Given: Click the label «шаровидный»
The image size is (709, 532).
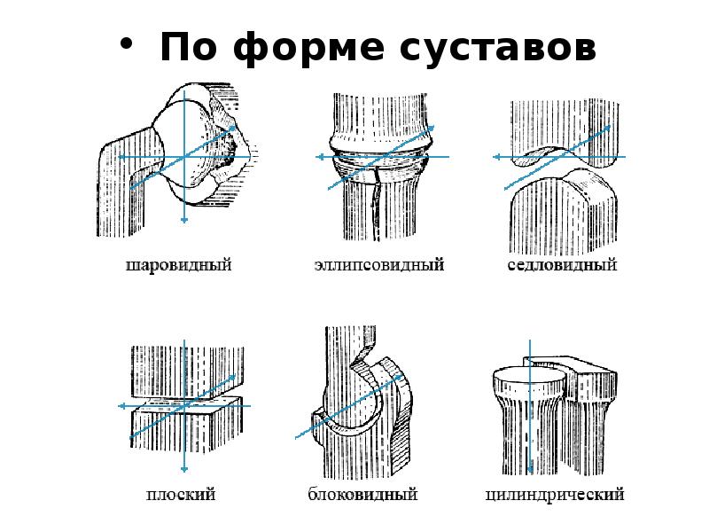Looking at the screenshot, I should pyautogui.click(x=178, y=265).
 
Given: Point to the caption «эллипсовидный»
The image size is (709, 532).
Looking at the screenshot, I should pyautogui.click(x=378, y=265).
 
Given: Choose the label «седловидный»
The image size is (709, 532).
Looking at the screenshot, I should pyautogui.click(x=562, y=265).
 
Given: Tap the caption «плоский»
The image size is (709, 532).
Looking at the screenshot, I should pyautogui.click(x=181, y=495).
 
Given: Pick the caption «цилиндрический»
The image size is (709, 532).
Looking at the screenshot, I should pyautogui.click(x=555, y=495).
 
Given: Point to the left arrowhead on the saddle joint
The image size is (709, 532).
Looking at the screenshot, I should pyautogui.click(x=495, y=157).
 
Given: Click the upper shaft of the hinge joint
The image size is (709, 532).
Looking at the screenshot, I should pyautogui.click(x=346, y=355).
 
